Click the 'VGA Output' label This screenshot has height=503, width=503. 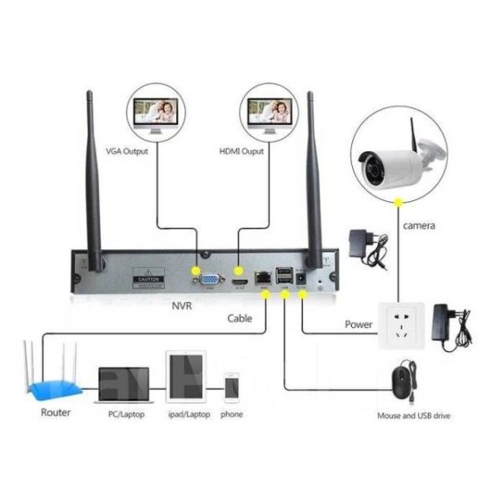click(126, 152)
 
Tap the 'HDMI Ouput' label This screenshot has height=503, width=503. click(241, 152)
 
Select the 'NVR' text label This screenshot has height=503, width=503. click(181, 306)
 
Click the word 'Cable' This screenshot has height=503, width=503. click(240, 319)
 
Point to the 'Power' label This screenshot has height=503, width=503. click(358, 324)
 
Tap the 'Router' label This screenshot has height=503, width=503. click(55, 413)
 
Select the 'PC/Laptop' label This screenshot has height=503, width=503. click(124, 414)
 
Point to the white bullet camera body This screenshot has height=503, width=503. click(394, 167)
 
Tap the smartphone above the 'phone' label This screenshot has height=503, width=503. click(232, 388)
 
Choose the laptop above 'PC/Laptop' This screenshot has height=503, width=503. click(123, 385)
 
